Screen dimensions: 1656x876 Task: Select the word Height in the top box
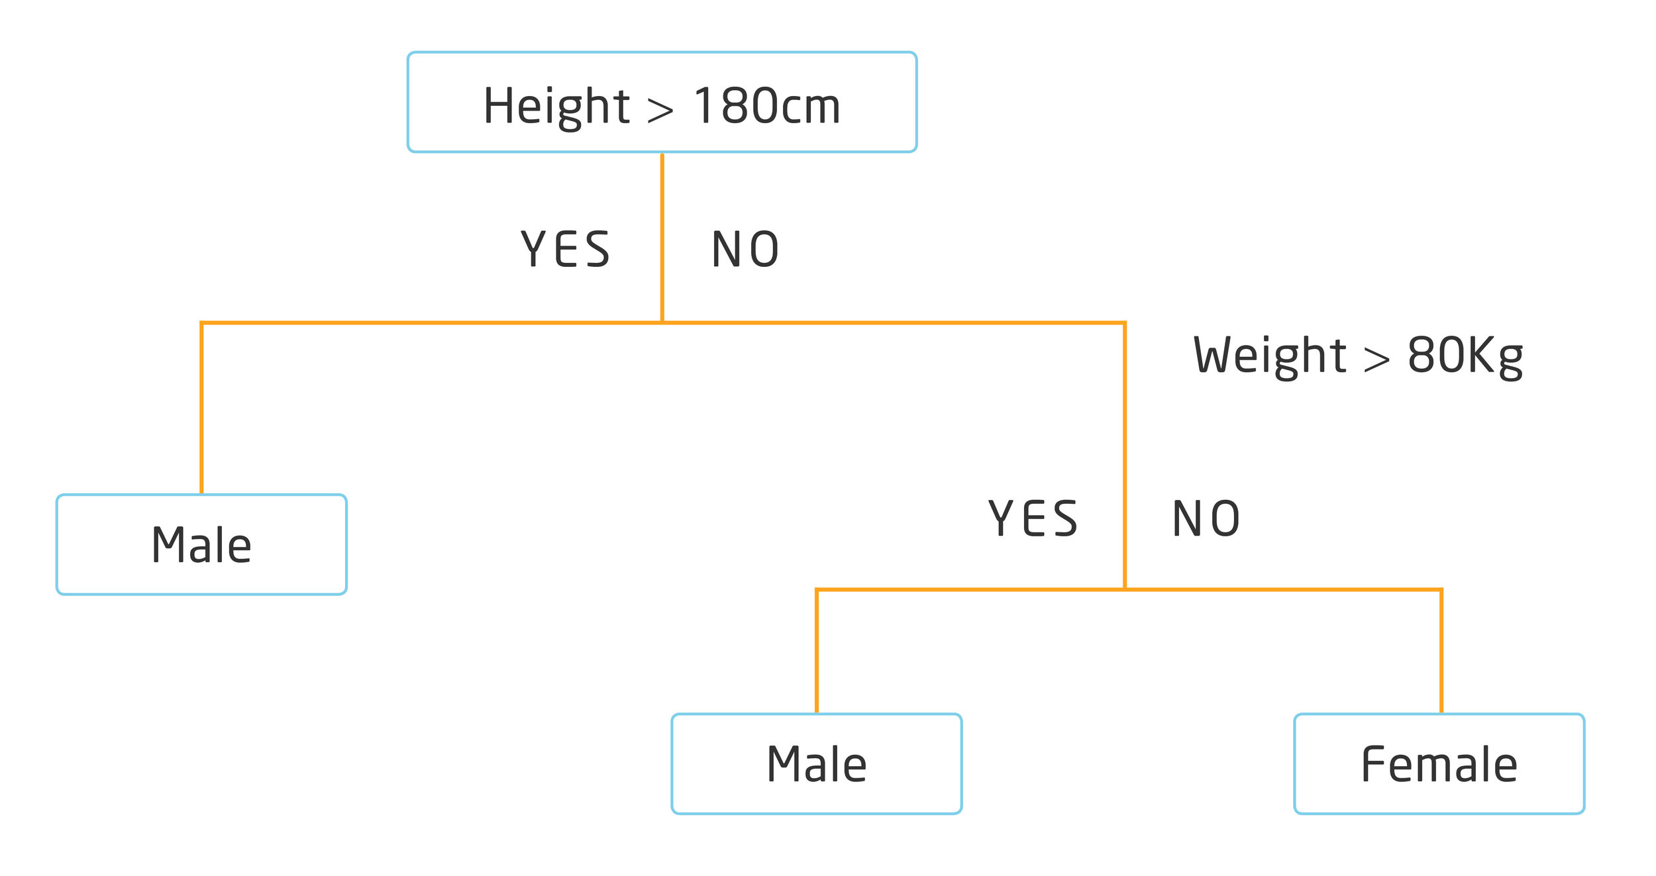pos(556,106)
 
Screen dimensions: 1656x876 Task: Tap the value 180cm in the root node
pos(767,106)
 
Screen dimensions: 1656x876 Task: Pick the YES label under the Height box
pos(565,250)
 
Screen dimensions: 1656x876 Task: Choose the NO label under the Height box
pos(745,250)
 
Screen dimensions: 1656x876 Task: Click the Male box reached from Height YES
pos(201,544)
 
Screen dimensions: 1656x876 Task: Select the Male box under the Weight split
pos(816,763)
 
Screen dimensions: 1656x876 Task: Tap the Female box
pos(1439,763)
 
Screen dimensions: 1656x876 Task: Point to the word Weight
pos(1269,356)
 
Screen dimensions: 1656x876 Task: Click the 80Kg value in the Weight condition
pos(1465,356)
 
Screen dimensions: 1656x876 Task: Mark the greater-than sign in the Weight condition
pos(1376,360)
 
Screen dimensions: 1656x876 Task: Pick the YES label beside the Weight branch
pos(1033,518)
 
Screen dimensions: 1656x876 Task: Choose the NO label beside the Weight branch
pos(1206,518)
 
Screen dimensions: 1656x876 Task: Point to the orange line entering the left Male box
pos(201,411)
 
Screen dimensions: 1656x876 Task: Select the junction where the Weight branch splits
pos(1124,589)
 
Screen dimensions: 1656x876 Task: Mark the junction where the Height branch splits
pos(662,322)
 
